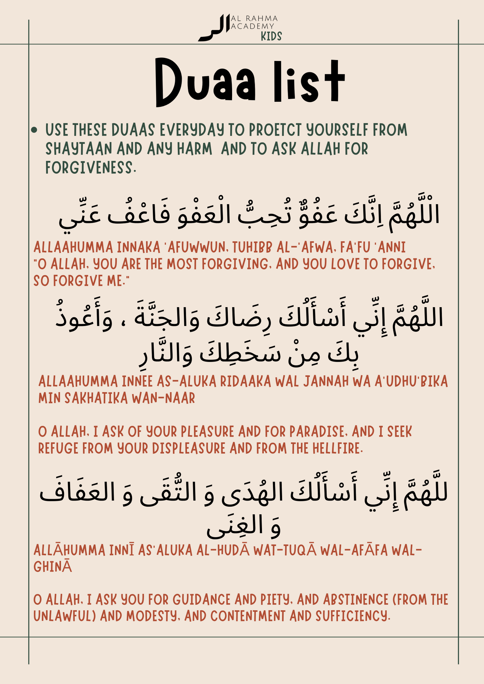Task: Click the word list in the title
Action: [x=308, y=83]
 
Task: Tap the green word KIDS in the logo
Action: [x=271, y=36]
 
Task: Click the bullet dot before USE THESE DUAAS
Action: [x=34, y=130]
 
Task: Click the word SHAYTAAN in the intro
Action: [x=79, y=149]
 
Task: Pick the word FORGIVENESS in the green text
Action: [x=90, y=168]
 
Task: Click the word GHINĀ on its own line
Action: [x=53, y=567]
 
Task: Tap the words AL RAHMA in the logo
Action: [x=254, y=18]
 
